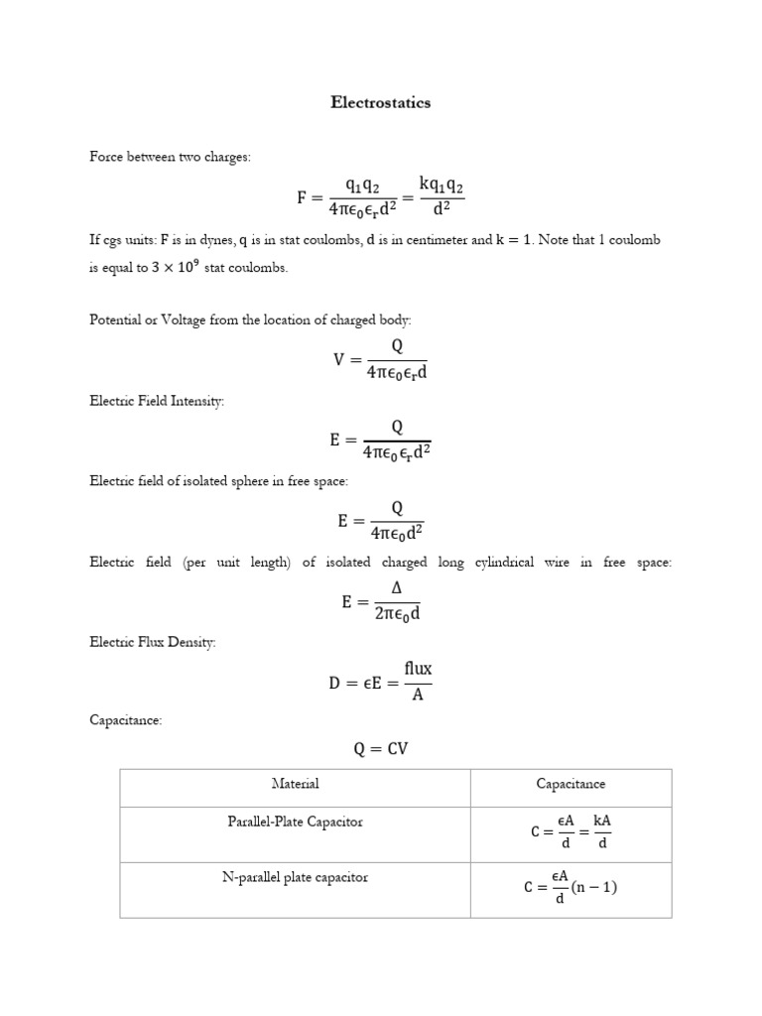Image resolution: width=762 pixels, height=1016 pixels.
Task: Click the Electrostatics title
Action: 381,103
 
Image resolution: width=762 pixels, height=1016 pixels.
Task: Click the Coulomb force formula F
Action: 381,197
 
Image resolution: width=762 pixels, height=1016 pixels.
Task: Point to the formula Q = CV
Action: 381,749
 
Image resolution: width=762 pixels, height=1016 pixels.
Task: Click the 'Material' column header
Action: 295,784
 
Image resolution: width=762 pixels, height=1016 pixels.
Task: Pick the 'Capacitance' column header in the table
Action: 571,784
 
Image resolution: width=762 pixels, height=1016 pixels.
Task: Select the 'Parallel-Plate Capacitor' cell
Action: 295,822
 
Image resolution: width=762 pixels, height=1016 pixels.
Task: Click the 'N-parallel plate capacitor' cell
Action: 295,877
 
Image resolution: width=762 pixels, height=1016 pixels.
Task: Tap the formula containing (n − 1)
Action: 571,888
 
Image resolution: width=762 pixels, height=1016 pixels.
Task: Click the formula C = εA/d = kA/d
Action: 571,832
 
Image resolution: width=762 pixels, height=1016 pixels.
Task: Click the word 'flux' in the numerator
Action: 418,669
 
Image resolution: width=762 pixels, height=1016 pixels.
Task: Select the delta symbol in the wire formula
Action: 397,588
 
